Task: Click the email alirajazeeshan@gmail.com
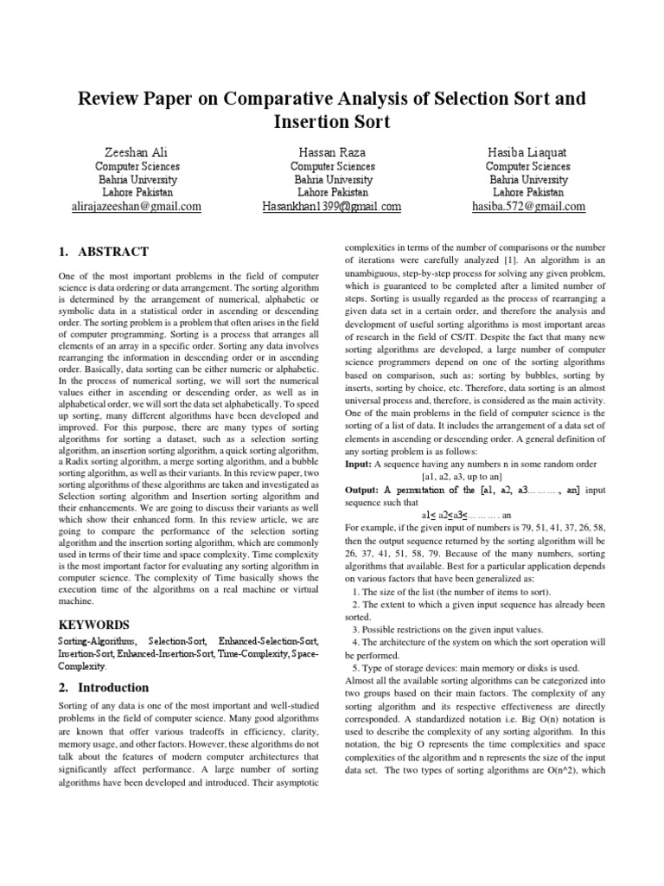[137, 207]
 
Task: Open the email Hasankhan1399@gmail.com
[332, 207]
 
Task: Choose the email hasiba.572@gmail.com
[527, 207]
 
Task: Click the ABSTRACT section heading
[103, 252]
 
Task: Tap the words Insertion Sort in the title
[332, 121]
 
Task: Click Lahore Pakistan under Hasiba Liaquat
[527, 192]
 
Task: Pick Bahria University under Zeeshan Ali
[137, 179]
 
